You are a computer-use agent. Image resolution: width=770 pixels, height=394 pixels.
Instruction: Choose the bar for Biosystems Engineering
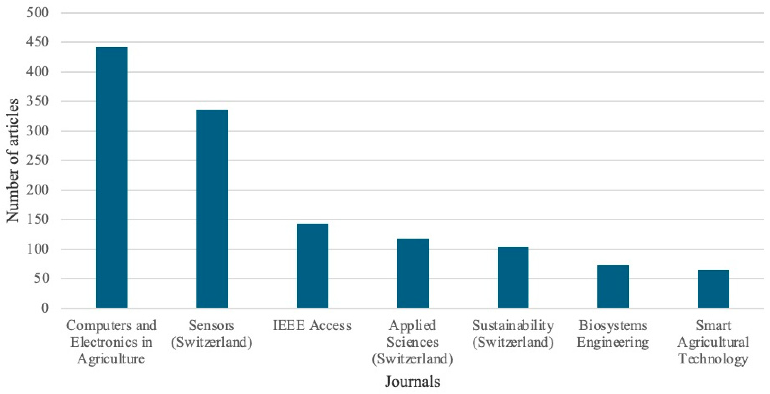click(613, 286)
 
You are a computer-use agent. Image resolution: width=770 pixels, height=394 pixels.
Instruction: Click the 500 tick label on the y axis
click(37, 13)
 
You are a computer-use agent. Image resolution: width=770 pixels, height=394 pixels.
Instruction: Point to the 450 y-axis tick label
click(37, 42)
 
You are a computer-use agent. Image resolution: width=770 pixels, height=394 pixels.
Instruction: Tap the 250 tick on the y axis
click(37, 160)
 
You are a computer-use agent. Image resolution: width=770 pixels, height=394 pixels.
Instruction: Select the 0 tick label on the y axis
click(45, 308)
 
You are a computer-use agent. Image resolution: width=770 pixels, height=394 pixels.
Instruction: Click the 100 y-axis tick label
click(37, 249)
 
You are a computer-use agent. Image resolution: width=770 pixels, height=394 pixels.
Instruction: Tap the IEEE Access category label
click(312, 325)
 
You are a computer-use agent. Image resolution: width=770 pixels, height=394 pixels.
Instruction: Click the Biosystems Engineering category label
click(613, 334)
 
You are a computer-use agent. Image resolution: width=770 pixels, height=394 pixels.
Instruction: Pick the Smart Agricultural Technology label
click(713, 342)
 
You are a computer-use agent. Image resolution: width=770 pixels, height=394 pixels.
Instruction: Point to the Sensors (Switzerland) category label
click(212, 334)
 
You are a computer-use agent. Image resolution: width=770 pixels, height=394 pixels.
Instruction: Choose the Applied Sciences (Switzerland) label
click(413, 342)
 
